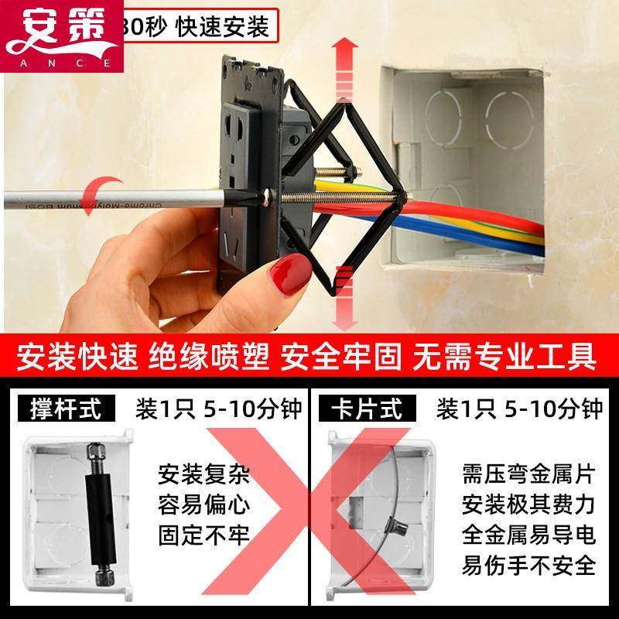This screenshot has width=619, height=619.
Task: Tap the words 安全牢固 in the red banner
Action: click(342, 357)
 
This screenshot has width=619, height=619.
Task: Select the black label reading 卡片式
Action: click(367, 409)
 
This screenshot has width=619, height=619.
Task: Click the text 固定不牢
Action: click(204, 535)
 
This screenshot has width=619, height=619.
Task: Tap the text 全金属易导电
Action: click(528, 534)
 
